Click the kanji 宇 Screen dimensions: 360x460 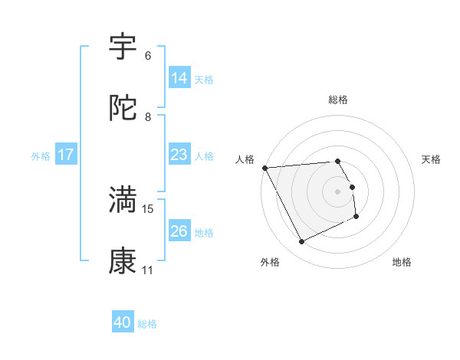123,47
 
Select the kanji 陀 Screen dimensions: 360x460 123,108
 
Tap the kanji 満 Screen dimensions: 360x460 123,199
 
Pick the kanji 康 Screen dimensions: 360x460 123,260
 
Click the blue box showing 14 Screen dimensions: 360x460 179,78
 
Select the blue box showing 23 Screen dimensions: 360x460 179,155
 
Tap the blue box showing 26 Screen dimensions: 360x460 179,231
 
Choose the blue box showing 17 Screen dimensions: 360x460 66,155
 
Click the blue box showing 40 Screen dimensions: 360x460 123,322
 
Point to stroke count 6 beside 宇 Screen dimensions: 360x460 147,56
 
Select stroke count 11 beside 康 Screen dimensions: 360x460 147,270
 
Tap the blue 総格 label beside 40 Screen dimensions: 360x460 147,324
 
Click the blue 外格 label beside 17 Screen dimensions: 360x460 41,155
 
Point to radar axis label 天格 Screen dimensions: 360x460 432,159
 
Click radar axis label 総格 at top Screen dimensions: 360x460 338,100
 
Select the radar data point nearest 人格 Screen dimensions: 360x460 264,168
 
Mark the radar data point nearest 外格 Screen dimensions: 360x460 301,242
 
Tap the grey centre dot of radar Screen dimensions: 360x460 338,191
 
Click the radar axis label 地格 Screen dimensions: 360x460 402,262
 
